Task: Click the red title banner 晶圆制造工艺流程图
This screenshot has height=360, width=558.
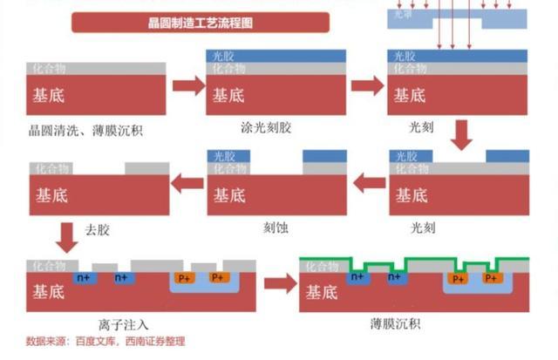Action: click(x=201, y=22)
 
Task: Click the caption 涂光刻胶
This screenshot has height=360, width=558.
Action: click(x=266, y=127)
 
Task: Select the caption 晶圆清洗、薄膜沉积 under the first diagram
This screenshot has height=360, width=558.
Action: click(x=85, y=131)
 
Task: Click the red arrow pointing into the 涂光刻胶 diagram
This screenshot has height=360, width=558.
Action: click(x=188, y=85)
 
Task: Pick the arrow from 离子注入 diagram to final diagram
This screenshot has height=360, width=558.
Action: click(x=278, y=283)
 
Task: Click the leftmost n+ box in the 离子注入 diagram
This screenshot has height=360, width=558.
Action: click(x=85, y=277)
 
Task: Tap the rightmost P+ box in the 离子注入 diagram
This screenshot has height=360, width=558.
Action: click(x=219, y=278)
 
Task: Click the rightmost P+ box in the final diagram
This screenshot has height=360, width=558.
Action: click(x=492, y=279)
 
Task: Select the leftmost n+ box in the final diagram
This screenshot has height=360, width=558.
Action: click(x=357, y=277)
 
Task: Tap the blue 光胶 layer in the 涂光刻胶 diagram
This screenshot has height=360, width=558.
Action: click(x=276, y=56)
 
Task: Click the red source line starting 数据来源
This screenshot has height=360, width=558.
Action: click(x=105, y=342)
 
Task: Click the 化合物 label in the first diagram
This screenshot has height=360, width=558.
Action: click(x=50, y=68)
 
